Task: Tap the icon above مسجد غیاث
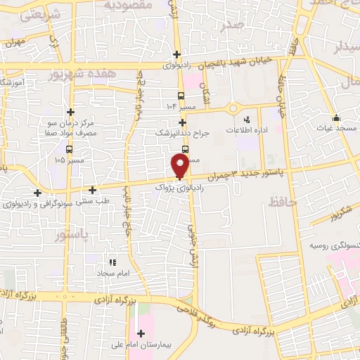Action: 336,117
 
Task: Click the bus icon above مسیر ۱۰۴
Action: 181,96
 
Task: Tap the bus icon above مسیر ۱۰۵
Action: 68,149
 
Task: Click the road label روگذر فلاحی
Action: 192,306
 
